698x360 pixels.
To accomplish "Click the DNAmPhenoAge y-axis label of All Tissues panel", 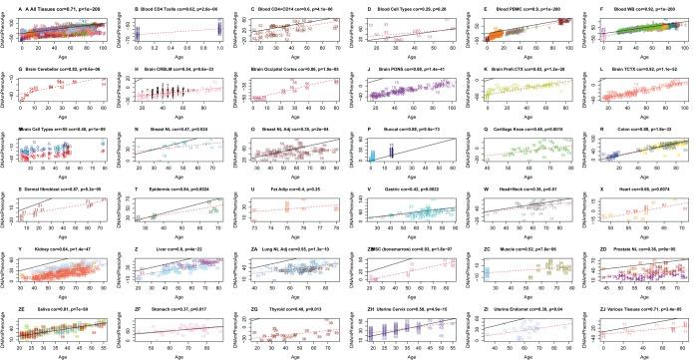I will coord(5,33).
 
